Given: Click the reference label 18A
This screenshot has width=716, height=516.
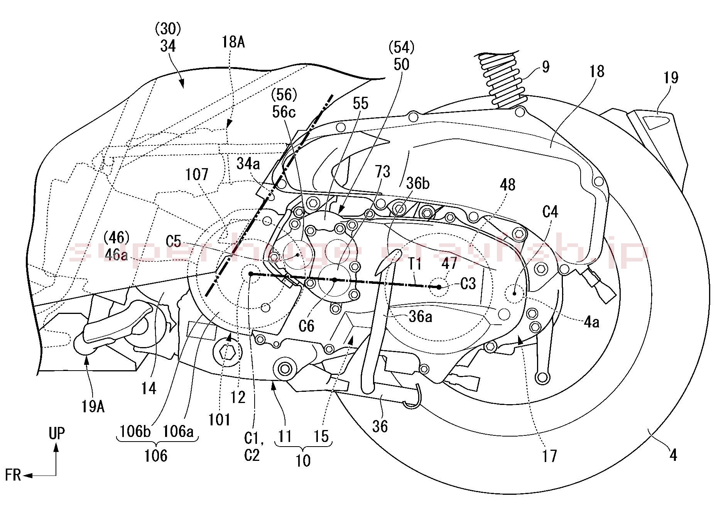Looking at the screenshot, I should (233, 41).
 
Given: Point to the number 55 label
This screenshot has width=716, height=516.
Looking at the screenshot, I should (360, 103).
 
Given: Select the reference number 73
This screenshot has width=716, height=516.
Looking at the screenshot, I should (382, 172).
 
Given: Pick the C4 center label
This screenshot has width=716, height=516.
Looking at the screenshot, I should (550, 212).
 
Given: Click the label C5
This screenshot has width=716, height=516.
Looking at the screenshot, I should (173, 241).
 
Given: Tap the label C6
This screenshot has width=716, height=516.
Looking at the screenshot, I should (306, 326).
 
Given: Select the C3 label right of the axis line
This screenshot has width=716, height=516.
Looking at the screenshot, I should (468, 284).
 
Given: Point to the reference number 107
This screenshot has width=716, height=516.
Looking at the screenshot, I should (197, 175).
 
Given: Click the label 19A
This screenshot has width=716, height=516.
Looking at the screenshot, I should (93, 406).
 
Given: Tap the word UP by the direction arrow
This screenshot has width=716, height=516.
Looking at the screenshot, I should (57, 433).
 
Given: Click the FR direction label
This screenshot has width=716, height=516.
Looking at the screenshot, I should (13, 475).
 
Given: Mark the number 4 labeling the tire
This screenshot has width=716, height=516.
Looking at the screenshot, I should (673, 455).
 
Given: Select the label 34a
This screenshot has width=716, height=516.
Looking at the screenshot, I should (248, 164).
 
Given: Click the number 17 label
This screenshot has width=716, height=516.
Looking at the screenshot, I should (549, 456).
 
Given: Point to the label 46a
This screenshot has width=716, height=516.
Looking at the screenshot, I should (116, 255).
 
